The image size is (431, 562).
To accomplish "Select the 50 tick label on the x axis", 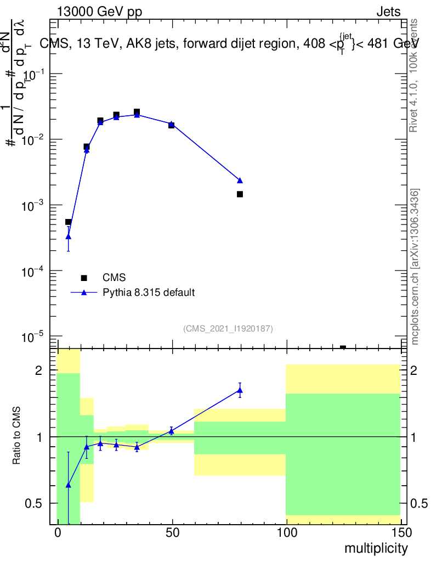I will point(172,533).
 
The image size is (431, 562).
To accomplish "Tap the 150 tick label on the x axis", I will point(401,533).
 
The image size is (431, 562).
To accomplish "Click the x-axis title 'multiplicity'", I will point(376,548).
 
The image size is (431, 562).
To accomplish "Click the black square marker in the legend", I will point(84,278).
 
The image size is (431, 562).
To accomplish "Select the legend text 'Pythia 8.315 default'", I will point(149,293).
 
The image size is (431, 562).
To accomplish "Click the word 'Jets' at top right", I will point(388,12).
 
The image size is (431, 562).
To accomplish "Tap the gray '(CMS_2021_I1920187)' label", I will point(228,328).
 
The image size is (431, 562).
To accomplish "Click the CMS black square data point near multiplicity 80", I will point(240,194).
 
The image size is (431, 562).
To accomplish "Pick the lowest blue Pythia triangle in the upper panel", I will point(68,237).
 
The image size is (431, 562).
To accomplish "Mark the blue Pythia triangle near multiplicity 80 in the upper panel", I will point(240,180).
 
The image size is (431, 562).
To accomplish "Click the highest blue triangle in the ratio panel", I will point(240,390).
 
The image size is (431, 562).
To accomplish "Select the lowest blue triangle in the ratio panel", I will point(68,485).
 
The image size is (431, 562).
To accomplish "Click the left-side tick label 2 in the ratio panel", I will point(38,371).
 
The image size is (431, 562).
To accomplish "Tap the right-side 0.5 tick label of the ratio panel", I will point(419,503).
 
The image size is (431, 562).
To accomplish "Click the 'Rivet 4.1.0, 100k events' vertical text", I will point(414,75).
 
